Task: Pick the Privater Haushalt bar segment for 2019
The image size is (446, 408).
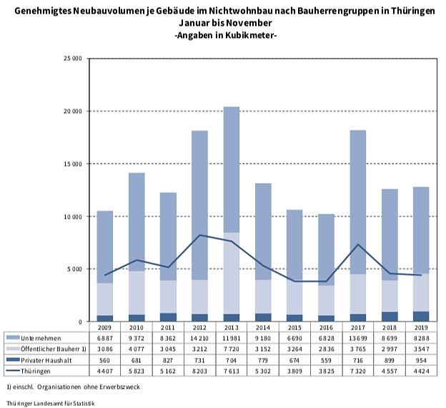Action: pyautogui.click(x=421, y=316)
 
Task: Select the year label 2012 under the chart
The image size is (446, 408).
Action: pyautogui.click(x=199, y=327)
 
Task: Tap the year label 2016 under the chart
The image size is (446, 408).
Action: pyautogui.click(x=326, y=327)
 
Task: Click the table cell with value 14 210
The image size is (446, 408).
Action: pyautogui.click(x=199, y=337)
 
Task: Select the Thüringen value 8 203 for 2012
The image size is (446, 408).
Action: pyautogui.click(x=199, y=371)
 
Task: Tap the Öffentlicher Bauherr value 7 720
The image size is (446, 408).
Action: pyautogui.click(x=231, y=349)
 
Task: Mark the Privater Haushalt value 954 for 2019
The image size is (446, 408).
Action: pyautogui.click(x=421, y=360)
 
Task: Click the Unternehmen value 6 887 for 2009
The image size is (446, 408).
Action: pyautogui.click(x=104, y=337)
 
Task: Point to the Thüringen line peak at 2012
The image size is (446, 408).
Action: pyautogui.click(x=199, y=235)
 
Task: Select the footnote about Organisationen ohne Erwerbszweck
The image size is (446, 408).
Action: pyautogui.click(x=71, y=387)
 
